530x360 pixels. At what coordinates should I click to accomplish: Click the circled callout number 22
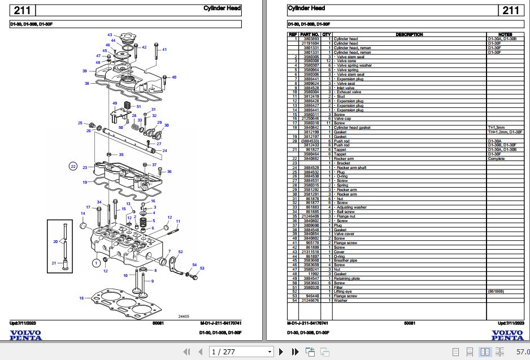[x=73, y=166]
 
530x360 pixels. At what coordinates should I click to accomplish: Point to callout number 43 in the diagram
[x=110, y=35]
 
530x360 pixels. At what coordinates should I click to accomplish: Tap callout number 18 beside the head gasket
[x=81, y=298]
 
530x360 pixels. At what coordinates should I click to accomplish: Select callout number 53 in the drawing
[x=202, y=268]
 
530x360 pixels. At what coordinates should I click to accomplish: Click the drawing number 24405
[x=184, y=317]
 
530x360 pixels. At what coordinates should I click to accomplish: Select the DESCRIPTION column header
[x=409, y=34]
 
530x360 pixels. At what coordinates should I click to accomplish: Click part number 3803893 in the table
[x=311, y=38]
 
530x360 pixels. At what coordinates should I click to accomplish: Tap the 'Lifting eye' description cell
[x=343, y=292]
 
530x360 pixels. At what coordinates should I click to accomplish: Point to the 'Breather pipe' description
[x=346, y=261]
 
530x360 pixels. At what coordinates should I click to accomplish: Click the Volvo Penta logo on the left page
[x=25, y=335]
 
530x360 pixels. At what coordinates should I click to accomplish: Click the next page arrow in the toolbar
[x=283, y=352]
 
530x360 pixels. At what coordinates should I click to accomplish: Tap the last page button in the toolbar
[x=294, y=352]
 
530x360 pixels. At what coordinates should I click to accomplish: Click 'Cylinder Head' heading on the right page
[x=306, y=8]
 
